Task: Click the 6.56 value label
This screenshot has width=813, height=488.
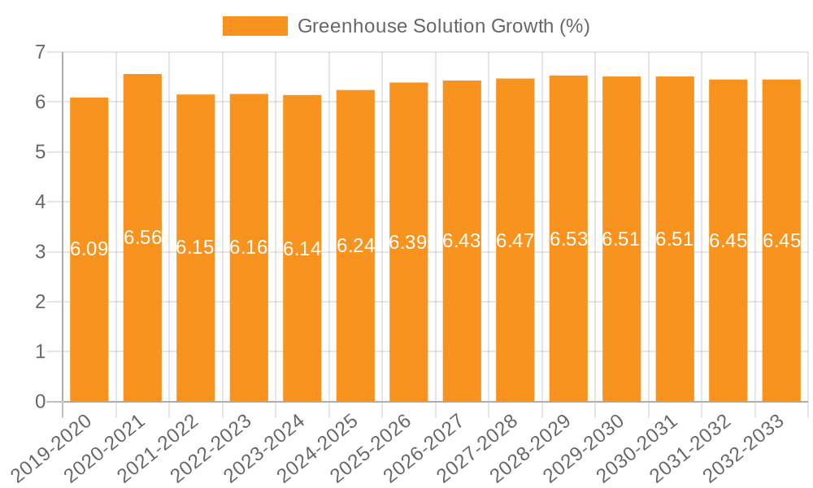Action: point(143,237)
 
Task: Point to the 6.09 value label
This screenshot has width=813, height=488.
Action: point(89,249)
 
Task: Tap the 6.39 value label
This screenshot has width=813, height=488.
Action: point(408,242)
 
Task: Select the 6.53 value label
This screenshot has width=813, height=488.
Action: point(568,239)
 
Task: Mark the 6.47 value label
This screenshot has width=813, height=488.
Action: point(515,241)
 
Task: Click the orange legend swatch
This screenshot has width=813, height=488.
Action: point(254,26)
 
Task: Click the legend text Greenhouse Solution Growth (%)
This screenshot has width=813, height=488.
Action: point(443,26)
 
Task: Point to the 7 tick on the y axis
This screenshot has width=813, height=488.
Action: point(40,52)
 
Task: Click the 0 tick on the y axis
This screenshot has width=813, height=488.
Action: point(40,402)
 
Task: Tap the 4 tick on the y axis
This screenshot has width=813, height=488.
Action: point(40,202)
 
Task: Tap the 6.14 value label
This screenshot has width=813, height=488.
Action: point(302,249)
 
